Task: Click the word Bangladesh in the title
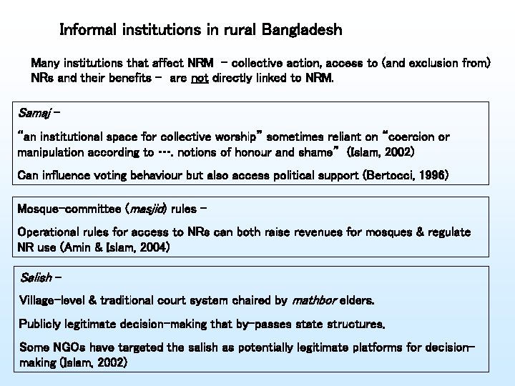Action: pyautogui.click(x=303, y=30)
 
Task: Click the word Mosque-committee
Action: pyautogui.click(x=69, y=210)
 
